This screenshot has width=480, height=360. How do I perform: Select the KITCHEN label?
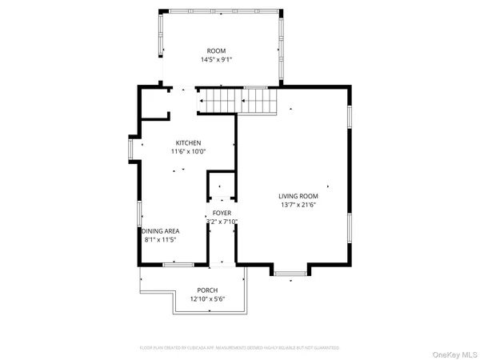[188, 142]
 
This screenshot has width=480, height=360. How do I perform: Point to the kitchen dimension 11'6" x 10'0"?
[188, 151]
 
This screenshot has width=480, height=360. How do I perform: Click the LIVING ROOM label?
[298, 196]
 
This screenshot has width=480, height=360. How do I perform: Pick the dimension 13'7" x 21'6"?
[298, 205]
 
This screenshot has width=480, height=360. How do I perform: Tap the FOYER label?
[222, 213]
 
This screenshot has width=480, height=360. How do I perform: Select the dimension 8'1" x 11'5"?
[159, 239]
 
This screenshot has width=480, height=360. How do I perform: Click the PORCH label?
[208, 290]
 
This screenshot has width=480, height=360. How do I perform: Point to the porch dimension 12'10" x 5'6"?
[208, 298]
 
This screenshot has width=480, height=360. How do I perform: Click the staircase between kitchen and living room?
[237, 102]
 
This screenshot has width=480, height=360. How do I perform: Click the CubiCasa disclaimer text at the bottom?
[240, 348]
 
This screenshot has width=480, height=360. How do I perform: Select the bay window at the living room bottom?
[290, 274]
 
